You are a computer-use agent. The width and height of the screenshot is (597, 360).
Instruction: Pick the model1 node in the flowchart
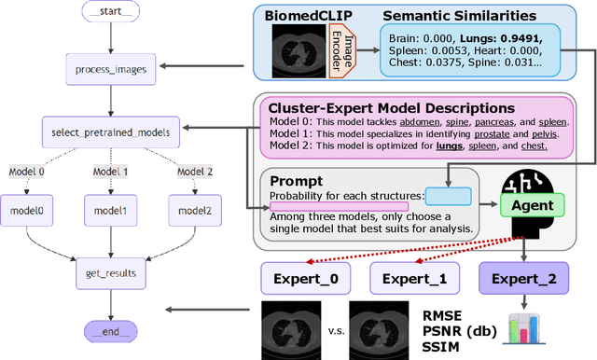coord(110,210)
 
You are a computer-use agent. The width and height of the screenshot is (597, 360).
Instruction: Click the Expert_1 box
coord(415,278)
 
